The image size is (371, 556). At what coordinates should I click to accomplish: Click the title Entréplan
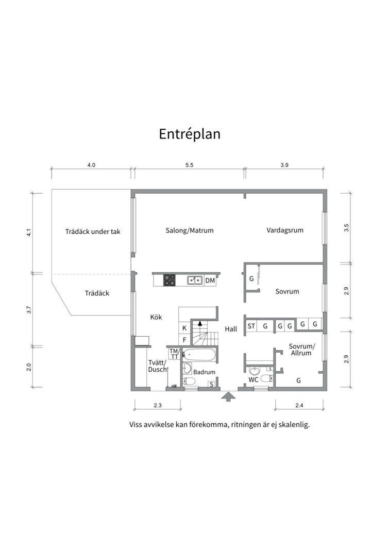(189, 134)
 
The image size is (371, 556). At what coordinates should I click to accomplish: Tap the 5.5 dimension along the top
(189, 165)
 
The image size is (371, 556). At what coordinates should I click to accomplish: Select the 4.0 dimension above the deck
(91, 165)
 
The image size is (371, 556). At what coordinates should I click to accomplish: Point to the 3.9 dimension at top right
(284, 165)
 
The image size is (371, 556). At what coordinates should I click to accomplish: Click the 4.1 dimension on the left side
(29, 232)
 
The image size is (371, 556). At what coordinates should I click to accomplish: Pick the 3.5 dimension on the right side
(347, 227)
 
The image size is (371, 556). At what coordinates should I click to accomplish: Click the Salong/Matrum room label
(190, 231)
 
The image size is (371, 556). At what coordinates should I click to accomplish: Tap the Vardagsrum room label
(285, 230)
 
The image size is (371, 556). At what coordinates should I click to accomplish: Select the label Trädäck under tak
(93, 232)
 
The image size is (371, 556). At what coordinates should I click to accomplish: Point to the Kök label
(156, 317)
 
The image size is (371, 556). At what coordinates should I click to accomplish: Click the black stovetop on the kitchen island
(170, 280)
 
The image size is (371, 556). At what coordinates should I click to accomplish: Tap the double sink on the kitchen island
(194, 280)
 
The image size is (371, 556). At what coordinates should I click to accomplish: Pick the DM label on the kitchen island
(210, 281)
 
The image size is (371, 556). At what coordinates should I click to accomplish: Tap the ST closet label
(251, 326)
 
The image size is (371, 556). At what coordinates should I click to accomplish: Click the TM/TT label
(174, 354)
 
